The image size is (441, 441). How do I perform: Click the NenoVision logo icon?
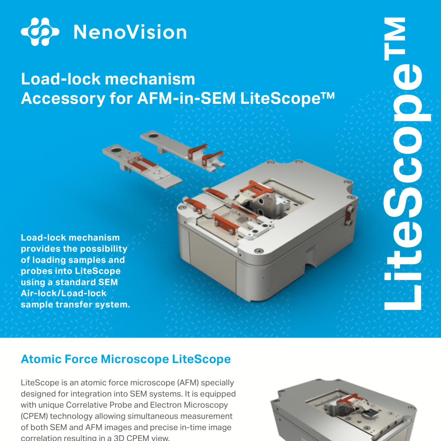pos(40,32)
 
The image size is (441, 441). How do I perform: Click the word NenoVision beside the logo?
pos(130,32)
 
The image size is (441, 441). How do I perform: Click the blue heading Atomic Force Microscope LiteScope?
pos(126,359)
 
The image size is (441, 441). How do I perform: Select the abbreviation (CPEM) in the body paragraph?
pos(34,416)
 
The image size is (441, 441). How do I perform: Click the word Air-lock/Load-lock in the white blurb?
pos(63,293)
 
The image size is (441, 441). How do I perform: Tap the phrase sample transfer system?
pos(75,305)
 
